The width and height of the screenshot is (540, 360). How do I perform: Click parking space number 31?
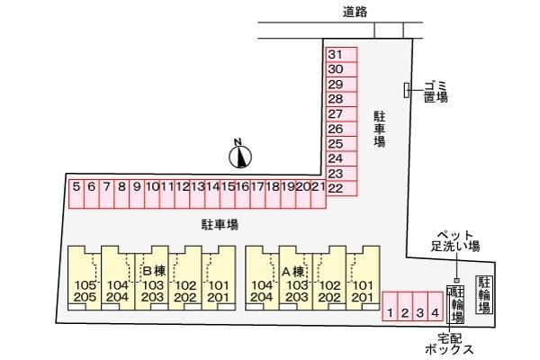[x=342, y=55]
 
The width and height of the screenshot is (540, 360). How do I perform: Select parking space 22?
[x=342, y=188]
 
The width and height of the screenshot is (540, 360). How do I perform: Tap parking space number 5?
[x=76, y=194]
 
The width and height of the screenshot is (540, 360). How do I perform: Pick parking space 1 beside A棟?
[x=391, y=306]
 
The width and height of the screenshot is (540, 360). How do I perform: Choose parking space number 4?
[x=436, y=306]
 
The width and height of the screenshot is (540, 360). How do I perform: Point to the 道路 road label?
[x=355, y=12]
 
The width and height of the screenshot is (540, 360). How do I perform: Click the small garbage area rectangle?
[x=407, y=90]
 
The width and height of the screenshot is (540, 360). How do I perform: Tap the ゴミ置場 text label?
[x=436, y=92]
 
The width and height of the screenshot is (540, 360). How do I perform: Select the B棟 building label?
[x=154, y=271]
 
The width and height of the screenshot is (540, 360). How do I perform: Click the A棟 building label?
[x=293, y=272]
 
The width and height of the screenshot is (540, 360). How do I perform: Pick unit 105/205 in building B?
[x=85, y=278]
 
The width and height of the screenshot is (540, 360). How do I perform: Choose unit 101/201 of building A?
[x=363, y=278]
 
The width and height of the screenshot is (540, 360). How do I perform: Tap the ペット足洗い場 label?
[x=455, y=241]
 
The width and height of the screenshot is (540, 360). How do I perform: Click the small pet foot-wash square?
[x=456, y=281]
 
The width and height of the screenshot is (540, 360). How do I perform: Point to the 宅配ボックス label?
[x=449, y=344]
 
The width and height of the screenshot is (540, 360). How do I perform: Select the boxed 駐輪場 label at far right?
[x=484, y=294]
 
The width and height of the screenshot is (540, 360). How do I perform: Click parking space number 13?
[x=197, y=194]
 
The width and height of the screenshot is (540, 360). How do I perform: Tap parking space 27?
[x=342, y=114]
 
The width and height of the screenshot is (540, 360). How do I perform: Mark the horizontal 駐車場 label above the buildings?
[x=220, y=225]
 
